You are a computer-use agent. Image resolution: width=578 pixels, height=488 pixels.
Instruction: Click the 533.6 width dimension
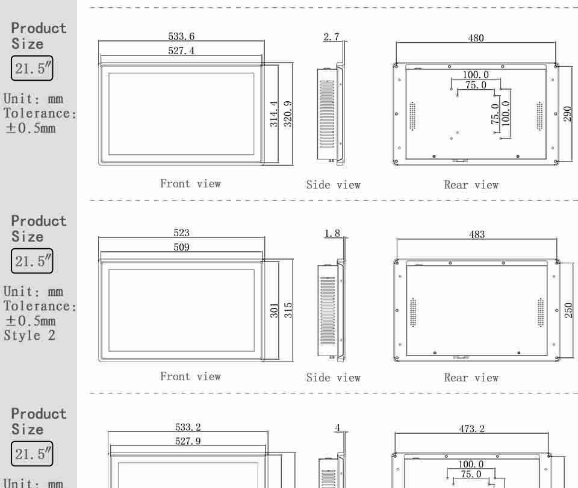[181, 36]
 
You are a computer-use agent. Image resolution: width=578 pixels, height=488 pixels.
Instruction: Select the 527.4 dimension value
[181, 51]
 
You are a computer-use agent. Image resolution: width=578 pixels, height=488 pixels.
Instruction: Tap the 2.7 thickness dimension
[331, 37]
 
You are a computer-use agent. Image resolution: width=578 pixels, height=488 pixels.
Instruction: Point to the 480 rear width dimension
[476, 38]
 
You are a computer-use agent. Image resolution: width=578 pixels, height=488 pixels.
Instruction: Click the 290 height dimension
[567, 114]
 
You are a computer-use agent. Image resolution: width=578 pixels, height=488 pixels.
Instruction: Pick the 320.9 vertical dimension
[288, 114]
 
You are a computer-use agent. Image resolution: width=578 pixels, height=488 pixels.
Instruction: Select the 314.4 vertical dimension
[273, 114]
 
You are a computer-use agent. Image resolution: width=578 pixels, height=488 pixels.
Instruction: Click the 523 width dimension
[181, 233]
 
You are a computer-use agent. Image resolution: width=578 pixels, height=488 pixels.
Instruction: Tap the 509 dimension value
[181, 247]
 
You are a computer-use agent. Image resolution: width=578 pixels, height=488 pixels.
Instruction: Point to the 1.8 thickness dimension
[332, 234]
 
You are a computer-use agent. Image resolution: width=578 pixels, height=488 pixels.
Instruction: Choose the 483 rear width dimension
[477, 234]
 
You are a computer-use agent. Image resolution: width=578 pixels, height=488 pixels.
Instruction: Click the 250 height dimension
[568, 310]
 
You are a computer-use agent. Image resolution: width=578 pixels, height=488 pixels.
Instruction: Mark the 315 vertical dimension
[288, 310]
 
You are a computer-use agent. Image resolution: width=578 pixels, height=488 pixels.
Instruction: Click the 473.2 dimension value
[471, 428]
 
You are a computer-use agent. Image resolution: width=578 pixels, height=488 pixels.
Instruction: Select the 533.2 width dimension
[188, 427]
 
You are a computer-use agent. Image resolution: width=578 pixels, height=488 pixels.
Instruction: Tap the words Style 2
[30, 336]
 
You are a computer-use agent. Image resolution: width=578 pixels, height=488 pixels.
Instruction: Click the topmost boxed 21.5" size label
[32, 68]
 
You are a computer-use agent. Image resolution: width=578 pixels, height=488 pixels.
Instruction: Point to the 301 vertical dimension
[274, 311]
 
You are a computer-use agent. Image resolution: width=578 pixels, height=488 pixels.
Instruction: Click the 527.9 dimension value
[188, 441]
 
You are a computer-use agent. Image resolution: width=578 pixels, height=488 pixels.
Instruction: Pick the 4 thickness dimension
[337, 428]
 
